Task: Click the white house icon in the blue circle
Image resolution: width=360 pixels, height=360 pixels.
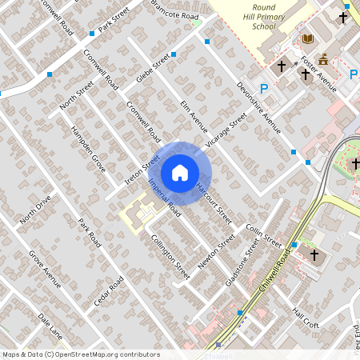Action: click(x=180, y=173)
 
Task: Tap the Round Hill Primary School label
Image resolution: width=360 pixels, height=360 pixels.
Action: click(x=265, y=16)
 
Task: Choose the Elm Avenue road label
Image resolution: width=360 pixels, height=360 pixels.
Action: click(x=193, y=114)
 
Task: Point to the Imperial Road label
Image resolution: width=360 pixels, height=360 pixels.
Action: click(x=165, y=199)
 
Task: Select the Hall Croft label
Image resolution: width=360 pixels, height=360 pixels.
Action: click(x=306, y=318)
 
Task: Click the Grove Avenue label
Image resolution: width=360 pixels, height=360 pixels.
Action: click(x=45, y=269)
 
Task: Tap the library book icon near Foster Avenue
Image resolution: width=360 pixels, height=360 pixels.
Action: click(x=307, y=38)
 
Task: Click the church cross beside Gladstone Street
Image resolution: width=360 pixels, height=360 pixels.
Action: click(x=314, y=255)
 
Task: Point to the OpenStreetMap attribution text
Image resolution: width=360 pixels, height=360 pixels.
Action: click(x=81, y=354)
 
